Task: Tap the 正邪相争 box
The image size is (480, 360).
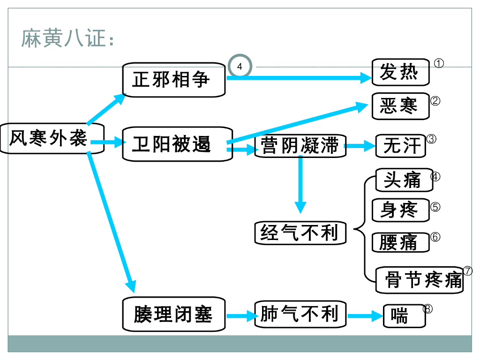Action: click(x=173, y=80)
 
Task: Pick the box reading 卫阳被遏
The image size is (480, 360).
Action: click(x=177, y=144)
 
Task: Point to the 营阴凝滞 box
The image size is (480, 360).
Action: click(x=300, y=146)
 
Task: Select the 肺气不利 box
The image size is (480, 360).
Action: click(x=300, y=314)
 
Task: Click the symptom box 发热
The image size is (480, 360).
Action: click(x=400, y=72)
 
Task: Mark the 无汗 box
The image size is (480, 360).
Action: click(x=401, y=146)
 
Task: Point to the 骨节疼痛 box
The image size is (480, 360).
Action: click(x=420, y=280)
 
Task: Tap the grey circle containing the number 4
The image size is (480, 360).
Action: click(x=240, y=67)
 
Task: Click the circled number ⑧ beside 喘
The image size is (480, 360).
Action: click(x=427, y=309)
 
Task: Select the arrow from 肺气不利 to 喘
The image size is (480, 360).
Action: click(x=365, y=316)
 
